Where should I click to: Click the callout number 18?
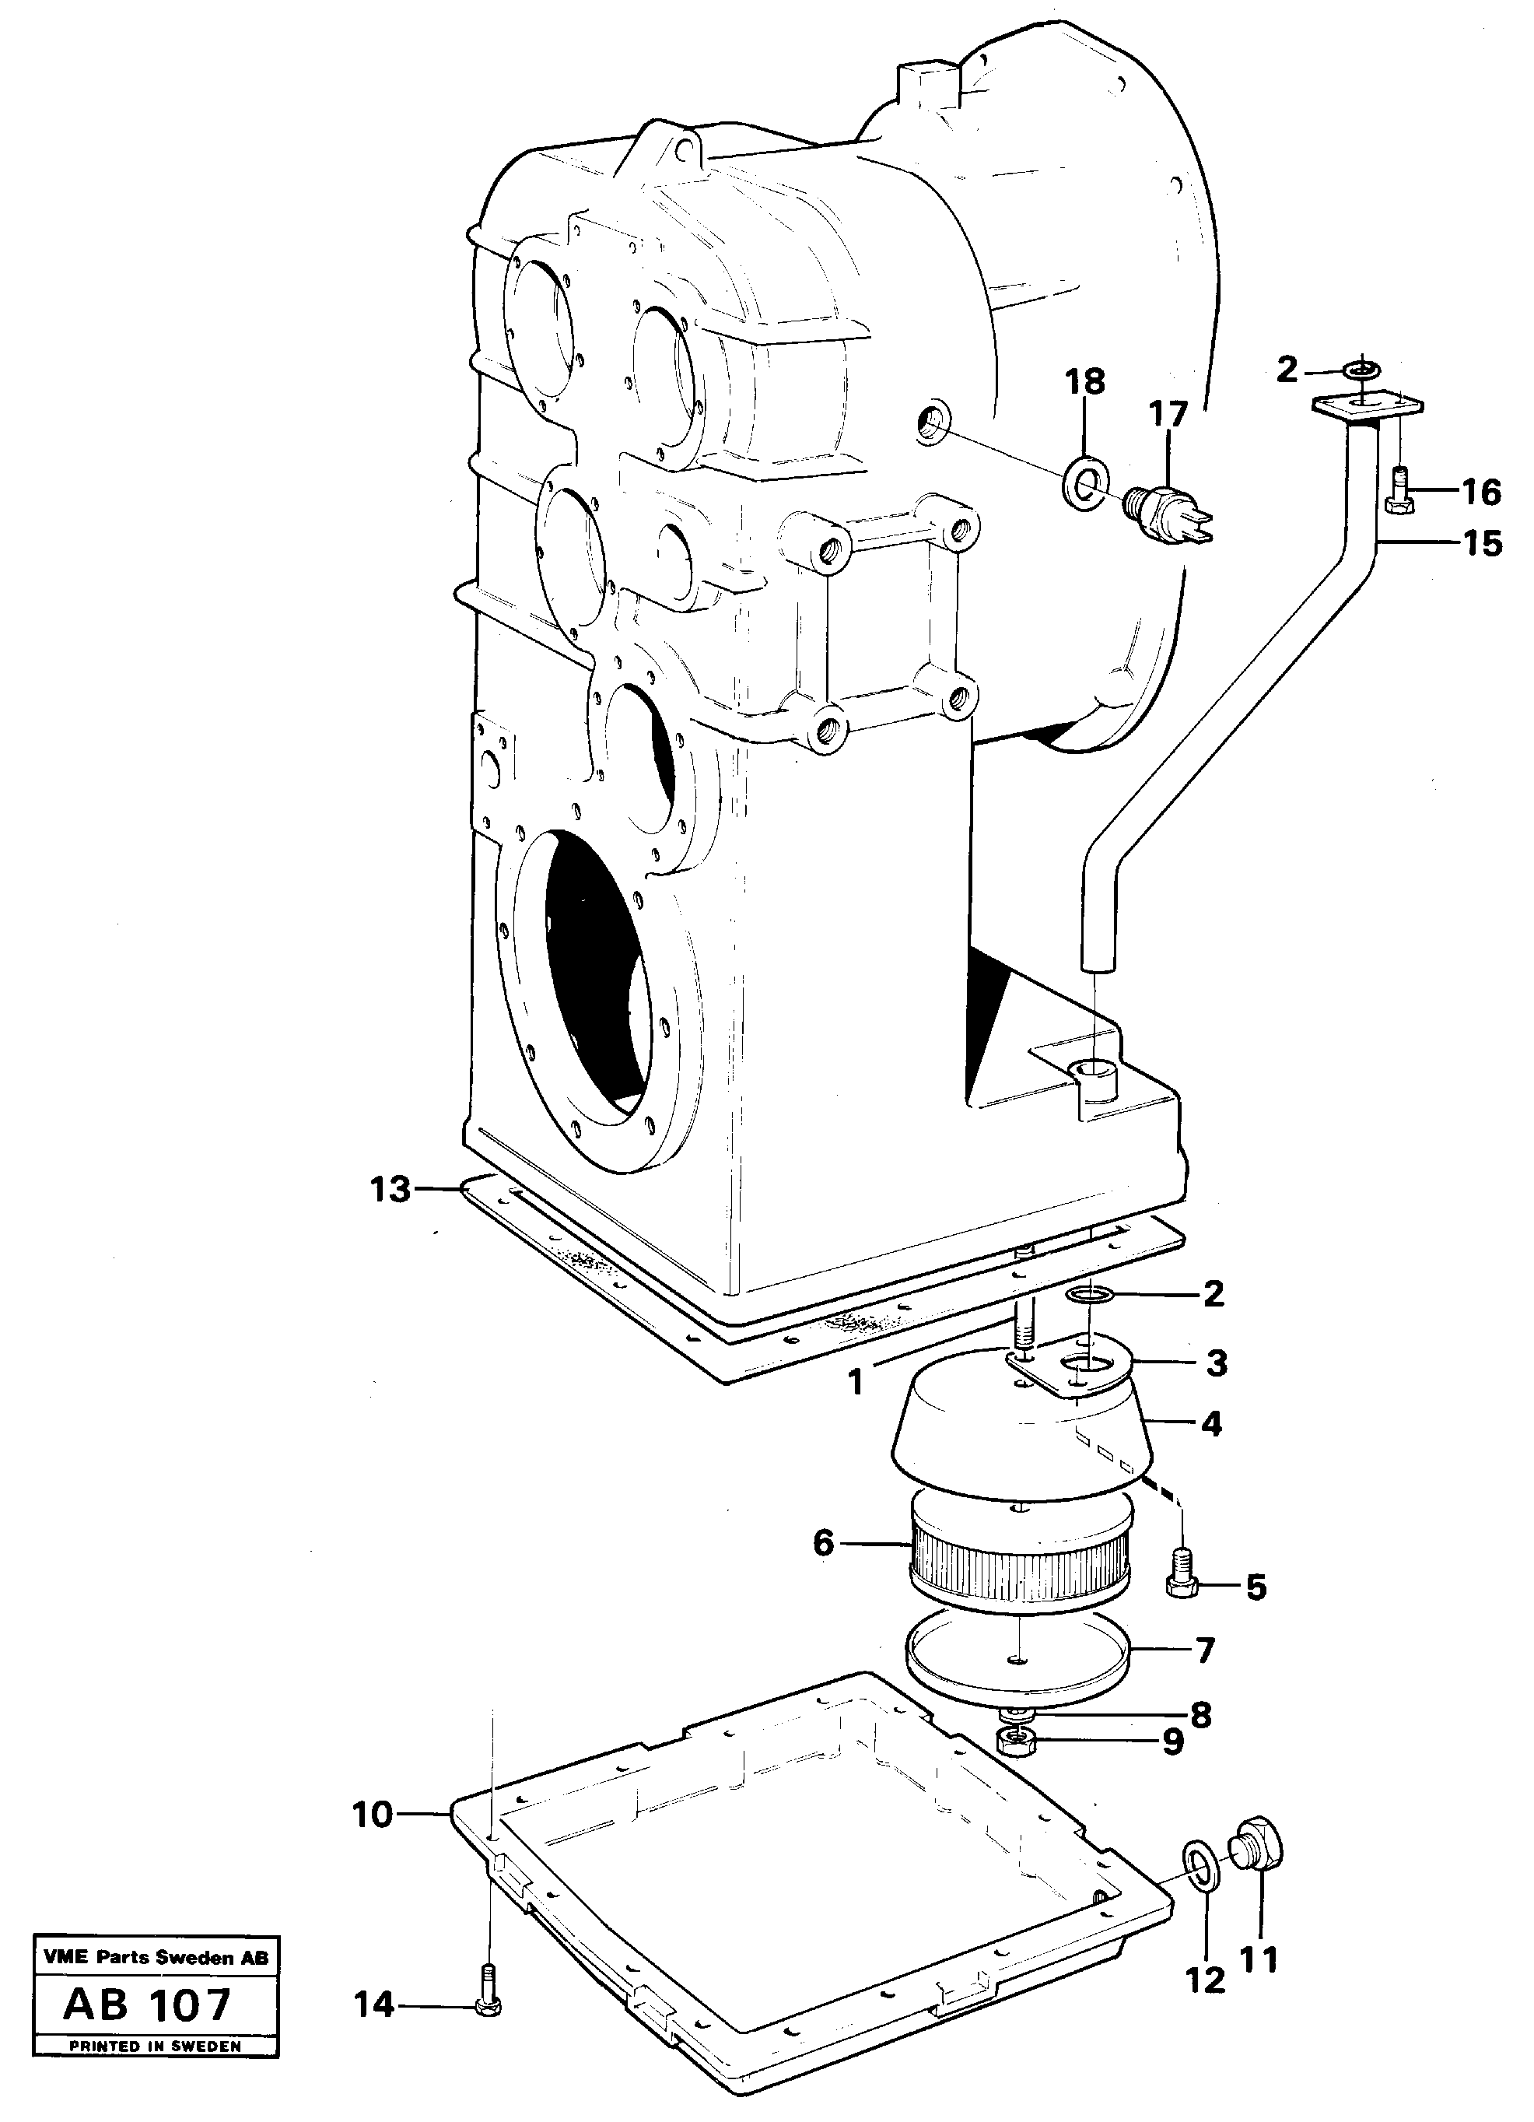point(1084,382)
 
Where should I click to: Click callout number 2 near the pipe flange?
point(1287,370)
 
